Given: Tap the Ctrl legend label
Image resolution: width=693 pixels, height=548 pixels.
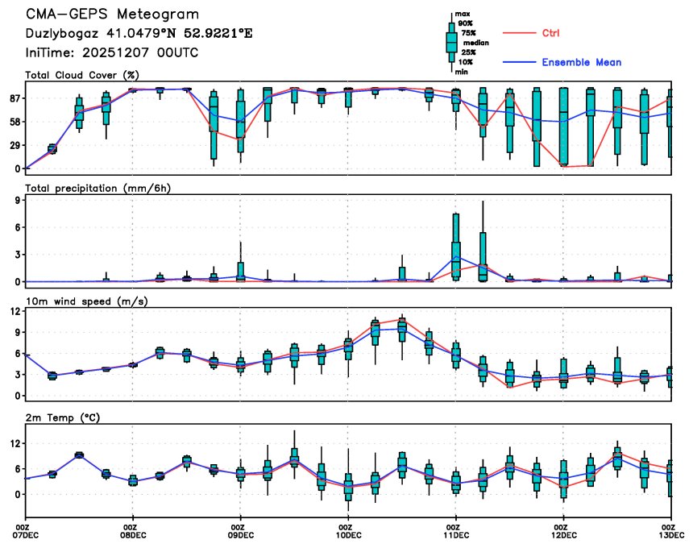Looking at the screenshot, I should coord(550,33).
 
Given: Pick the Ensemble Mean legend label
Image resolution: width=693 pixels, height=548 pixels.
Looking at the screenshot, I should coord(581,62).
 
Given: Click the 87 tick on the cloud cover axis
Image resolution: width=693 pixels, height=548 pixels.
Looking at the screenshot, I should coord(13,98).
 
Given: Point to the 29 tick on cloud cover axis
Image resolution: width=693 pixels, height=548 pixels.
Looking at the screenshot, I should coord(13,145).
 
